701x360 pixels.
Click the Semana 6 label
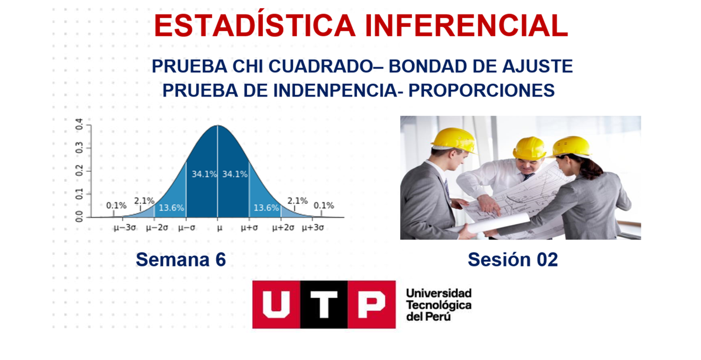point(181,259)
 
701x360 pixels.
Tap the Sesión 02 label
point(512,259)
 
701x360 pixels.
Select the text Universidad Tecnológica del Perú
point(438,304)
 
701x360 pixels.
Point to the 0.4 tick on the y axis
point(79,124)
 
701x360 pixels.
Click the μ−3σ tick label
point(124,228)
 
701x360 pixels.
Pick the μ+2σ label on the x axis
point(283,228)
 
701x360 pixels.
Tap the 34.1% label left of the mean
point(204,174)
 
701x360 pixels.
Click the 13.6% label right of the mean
point(265,207)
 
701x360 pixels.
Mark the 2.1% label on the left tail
point(144,201)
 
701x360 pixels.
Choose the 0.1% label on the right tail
point(324,205)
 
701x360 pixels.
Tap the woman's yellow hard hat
point(571,146)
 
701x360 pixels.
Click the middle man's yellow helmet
point(529,148)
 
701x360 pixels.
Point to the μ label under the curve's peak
point(219,228)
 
